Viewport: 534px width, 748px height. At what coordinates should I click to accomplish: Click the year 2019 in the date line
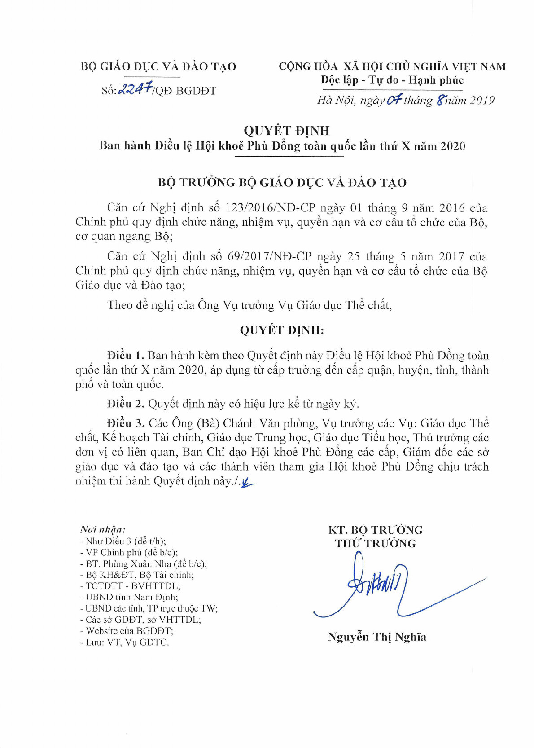(482, 100)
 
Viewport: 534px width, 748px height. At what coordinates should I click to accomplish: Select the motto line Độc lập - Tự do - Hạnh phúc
(392, 80)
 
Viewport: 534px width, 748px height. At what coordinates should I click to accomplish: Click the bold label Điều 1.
(126, 355)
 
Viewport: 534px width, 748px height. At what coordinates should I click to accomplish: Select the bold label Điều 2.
(126, 404)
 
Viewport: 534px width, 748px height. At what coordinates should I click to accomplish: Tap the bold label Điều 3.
(126, 423)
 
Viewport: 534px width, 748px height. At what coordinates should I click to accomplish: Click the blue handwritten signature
(381, 586)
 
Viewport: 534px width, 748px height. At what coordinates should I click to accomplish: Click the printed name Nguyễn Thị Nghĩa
(377, 637)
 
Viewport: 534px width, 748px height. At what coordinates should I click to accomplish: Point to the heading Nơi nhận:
(103, 529)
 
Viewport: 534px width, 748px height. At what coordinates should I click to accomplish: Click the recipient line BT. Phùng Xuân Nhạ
(143, 563)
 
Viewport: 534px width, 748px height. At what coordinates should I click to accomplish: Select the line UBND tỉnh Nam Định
(129, 597)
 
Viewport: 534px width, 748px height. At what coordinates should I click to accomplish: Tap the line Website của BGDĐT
(127, 631)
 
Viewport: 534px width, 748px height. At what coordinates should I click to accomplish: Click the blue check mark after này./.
(247, 482)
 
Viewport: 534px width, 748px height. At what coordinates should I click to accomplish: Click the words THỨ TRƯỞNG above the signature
(375, 543)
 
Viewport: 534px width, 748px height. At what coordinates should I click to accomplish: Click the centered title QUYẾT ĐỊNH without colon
(286, 131)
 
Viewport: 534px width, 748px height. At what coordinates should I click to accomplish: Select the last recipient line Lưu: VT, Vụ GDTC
(124, 642)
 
